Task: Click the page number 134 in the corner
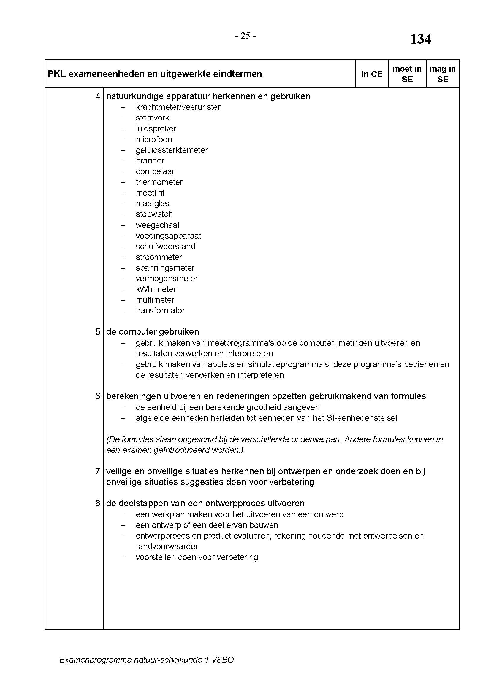coord(420,39)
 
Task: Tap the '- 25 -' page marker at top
coord(245,36)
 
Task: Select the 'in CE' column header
coord(372,74)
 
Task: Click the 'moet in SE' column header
coord(407,74)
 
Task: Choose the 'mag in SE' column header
coord(442,74)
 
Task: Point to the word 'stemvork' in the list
coord(152,118)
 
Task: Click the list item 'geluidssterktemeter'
coord(171,150)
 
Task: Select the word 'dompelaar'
coord(155,171)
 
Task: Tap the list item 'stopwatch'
coord(154,214)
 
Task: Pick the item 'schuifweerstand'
coord(165,247)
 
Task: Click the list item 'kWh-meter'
coord(156,289)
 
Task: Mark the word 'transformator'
coord(160,311)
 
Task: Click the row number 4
coord(97,96)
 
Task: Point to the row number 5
coord(97,332)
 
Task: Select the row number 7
coord(97,471)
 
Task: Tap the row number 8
coord(97,503)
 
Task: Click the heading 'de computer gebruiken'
coord(152,332)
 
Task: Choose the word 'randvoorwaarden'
coord(168,547)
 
